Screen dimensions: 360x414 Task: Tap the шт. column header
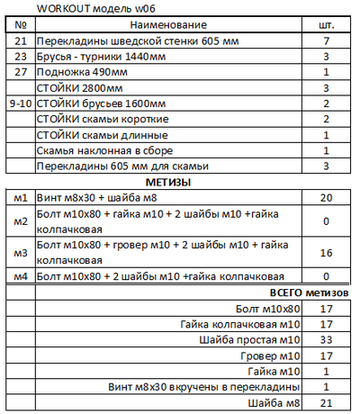327,25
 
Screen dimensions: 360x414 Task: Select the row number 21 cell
21,42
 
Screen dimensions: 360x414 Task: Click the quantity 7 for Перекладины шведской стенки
327,42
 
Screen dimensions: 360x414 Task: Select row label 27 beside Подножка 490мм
21,73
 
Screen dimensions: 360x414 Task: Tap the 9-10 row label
21,103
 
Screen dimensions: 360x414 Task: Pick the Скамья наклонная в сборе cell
112,150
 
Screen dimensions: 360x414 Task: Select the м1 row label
21,198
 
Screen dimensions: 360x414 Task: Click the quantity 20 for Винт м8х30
327,198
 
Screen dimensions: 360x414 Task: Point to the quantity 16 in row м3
327,253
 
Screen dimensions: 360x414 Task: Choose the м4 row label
21,275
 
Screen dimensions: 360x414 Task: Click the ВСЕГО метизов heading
309,292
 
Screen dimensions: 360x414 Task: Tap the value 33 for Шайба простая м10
327,340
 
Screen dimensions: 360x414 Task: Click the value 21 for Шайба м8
327,402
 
